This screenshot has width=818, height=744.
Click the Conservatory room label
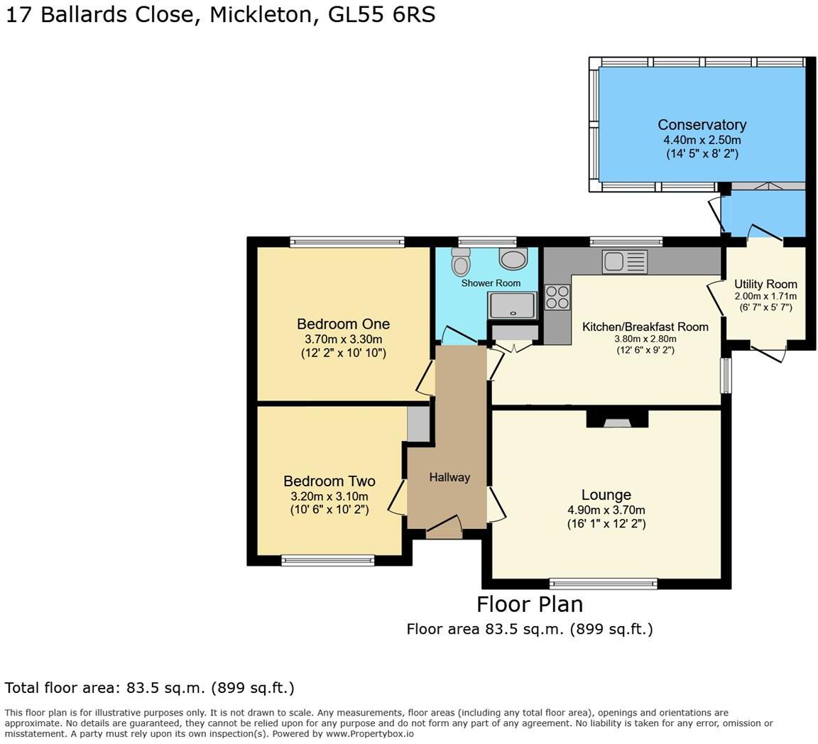702,125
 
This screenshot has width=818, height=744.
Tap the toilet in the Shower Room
461,263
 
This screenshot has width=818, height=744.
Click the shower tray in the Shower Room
512,305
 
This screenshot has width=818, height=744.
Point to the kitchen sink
623,261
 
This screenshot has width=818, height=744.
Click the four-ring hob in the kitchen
557,296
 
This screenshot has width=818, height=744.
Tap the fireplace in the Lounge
617,420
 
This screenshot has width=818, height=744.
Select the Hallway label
449,478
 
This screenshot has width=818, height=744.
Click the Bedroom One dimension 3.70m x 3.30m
343,339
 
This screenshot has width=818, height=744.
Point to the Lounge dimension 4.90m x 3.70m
606,510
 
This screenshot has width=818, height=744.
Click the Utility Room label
765,284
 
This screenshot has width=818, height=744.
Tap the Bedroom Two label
329,481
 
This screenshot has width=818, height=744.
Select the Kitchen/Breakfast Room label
645,327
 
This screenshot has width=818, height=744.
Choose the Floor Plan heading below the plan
529,604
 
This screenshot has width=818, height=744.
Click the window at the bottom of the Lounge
603,584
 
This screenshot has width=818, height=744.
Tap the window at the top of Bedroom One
347,242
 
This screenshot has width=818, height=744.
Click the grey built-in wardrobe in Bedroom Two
418,424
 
